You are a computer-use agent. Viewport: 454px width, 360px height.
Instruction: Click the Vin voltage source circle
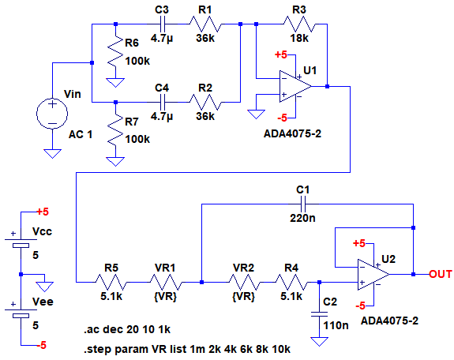coord(52,113)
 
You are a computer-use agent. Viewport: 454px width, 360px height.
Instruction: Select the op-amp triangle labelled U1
coord(295,86)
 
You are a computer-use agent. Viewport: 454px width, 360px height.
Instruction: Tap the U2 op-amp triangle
coord(373,274)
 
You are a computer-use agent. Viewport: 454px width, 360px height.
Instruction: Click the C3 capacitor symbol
coord(162,24)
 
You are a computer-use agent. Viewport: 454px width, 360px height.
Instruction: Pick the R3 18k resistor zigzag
coord(299,24)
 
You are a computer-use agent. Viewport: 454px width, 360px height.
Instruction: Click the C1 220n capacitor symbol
coord(303,204)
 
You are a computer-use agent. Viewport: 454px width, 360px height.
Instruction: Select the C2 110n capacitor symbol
coord(319,314)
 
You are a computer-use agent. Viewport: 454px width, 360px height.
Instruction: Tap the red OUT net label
coord(441,274)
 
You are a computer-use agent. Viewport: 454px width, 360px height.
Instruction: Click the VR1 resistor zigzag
coord(166,282)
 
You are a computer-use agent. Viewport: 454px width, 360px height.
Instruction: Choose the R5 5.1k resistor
coord(111,282)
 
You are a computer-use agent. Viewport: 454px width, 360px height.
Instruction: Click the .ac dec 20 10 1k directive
coord(127,329)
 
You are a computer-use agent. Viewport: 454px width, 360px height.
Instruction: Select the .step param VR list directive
coord(187,349)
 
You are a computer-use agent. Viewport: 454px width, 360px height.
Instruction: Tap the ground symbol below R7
coord(115,161)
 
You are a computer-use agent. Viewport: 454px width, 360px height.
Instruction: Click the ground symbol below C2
coord(319,342)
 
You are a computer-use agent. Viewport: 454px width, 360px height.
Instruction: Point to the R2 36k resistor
coord(205,102)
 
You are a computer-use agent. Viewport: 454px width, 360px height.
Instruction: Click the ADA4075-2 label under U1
coord(292,133)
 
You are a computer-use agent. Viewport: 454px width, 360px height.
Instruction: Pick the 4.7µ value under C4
coord(162,116)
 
